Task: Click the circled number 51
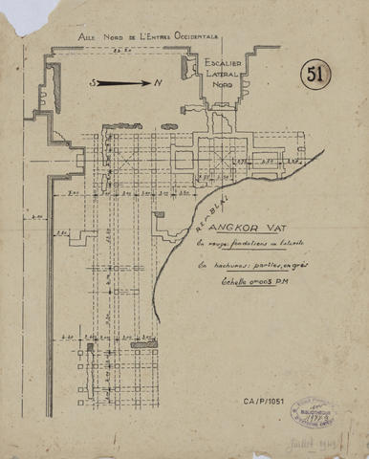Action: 315,75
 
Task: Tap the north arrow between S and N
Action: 122,83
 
